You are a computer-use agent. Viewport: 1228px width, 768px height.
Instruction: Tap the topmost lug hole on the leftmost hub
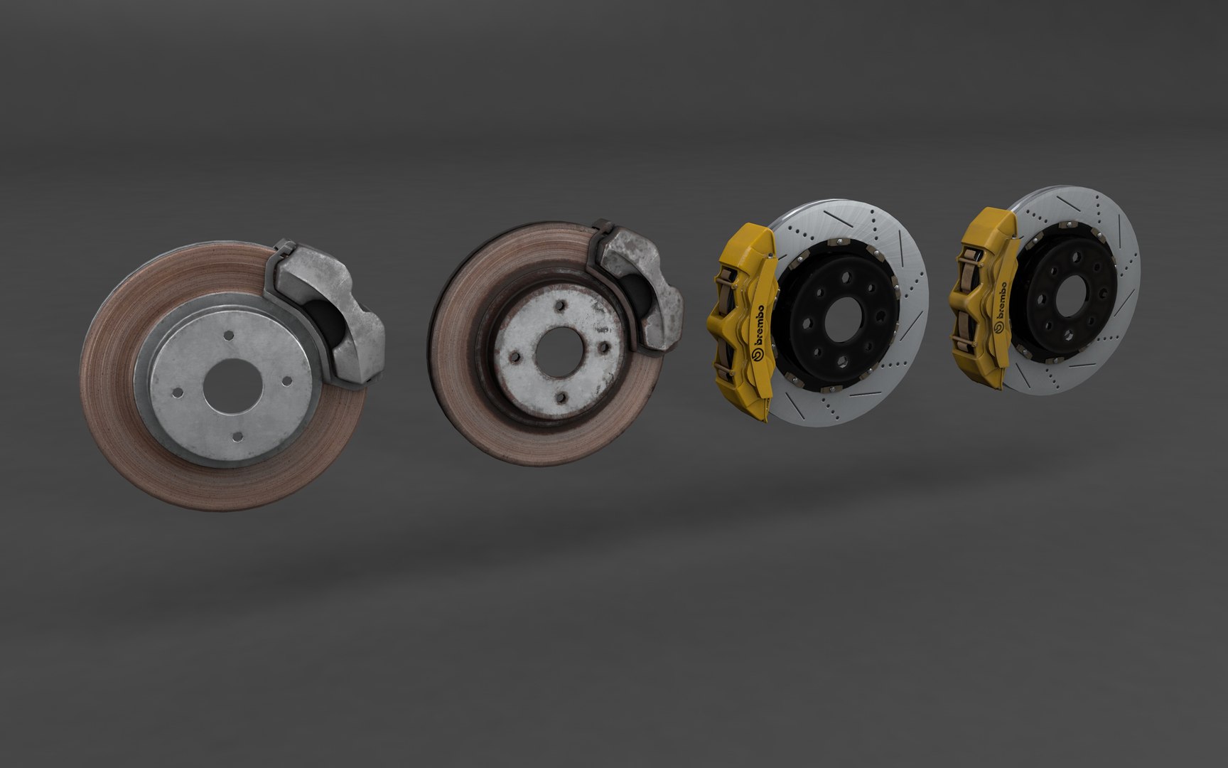point(229,334)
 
